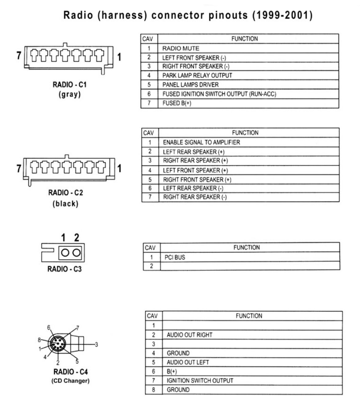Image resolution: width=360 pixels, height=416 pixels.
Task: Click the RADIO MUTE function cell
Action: pyautogui.click(x=181, y=48)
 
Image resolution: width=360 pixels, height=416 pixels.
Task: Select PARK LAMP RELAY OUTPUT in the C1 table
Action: pyautogui.click(x=197, y=75)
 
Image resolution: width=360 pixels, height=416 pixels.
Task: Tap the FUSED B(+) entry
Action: pyautogui.click(x=177, y=103)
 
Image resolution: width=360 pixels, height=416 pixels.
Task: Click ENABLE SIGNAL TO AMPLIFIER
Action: pyautogui.click(x=201, y=142)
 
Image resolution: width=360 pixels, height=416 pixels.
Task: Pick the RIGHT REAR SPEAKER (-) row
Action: pyautogui.click(x=194, y=197)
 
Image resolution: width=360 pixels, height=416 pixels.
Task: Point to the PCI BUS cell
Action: pyautogui.click(x=175, y=257)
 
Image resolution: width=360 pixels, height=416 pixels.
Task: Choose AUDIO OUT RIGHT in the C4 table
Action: pyautogui.click(x=189, y=335)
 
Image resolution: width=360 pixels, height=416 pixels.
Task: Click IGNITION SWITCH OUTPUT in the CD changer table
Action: pyautogui.click(x=200, y=381)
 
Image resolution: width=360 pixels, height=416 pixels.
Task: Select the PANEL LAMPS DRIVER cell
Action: pyautogui.click(x=190, y=85)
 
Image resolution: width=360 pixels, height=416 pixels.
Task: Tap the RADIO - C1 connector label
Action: pyautogui.click(x=70, y=84)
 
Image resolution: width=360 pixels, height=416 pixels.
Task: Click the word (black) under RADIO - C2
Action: pyautogui.click(x=65, y=204)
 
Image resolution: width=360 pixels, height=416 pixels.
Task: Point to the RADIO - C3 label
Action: pyautogui.click(x=64, y=269)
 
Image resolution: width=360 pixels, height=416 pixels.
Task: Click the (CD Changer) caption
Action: pyautogui.click(x=70, y=381)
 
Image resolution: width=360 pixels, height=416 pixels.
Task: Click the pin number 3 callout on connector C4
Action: pyautogui.click(x=96, y=344)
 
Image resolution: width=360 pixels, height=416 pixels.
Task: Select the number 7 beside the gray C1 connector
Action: pyautogui.click(x=19, y=55)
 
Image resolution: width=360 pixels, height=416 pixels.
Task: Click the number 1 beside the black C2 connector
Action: pyautogui.click(x=119, y=168)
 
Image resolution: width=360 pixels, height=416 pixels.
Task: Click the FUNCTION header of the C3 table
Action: pyautogui.click(x=246, y=247)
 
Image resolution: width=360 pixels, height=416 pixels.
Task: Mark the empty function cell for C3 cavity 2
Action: pyautogui.click(x=250, y=266)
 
